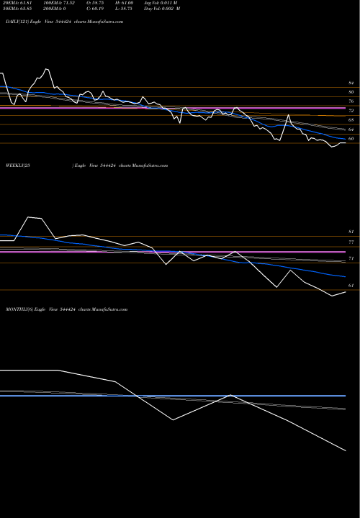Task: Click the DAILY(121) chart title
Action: (x=63, y=22)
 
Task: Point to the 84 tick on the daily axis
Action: (x=351, y=84)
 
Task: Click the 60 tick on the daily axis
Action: (x=351, y=139)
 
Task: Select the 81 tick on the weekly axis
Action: (x=351, y=232)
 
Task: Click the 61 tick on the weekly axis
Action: (x=351, y=286)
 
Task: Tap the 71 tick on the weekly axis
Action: (x=351, y=258)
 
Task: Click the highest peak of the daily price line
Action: (x=47, y=69)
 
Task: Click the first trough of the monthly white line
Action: (x=174, y=421)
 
